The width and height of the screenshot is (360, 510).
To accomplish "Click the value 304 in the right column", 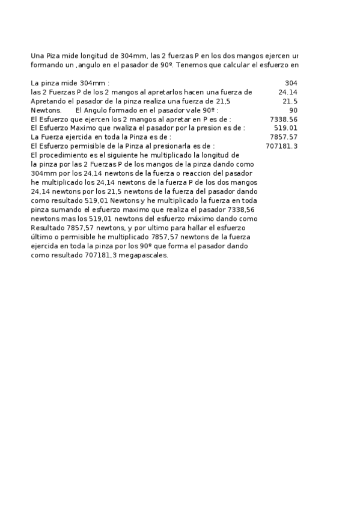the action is point(291,83).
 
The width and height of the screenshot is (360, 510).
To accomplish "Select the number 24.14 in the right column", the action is point(288,92).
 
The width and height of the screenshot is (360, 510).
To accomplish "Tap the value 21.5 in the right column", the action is point(290,101).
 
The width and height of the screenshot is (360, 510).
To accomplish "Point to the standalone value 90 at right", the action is point(293,110).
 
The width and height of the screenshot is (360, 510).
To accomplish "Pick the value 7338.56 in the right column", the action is point(284,119).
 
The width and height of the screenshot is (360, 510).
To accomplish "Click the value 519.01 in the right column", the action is point(285,128).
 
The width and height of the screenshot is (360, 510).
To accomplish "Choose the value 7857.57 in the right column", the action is point(284,137).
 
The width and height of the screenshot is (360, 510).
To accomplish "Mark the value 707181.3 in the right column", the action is point(282,146).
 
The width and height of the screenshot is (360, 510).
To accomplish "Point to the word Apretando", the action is point(47,101).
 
